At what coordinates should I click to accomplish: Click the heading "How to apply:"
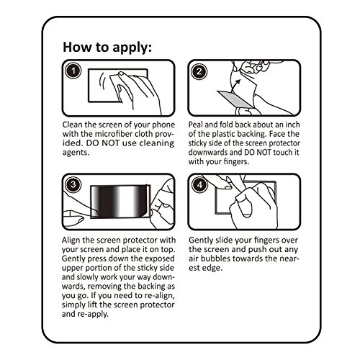tap(107, 48)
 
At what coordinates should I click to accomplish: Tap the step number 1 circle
tap(73, 71)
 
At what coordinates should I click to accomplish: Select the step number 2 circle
tap(199, 71)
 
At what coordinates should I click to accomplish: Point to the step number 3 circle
tap(73, 184)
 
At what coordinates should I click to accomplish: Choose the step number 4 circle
tap(199, 185)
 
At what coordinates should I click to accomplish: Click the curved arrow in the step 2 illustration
tap(235, 86)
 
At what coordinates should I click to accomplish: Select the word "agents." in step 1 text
tap(76, 153)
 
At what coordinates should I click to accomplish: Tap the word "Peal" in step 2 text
tap(196, 125)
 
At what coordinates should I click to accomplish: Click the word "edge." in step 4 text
tap(212, 268)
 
